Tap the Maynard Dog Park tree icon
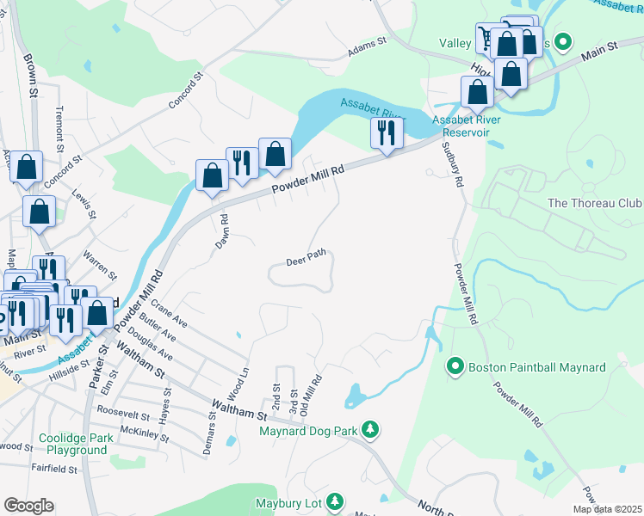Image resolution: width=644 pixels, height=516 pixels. (x=370, y=427)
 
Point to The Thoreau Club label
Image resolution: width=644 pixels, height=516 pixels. (x=595, y=204)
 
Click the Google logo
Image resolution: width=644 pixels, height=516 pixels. (x=28, y=506)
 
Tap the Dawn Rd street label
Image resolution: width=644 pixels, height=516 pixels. (x=221, y=230)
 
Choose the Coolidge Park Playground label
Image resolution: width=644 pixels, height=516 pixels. (x=77, y=444)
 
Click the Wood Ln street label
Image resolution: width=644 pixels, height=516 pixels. (x=241, y=381)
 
